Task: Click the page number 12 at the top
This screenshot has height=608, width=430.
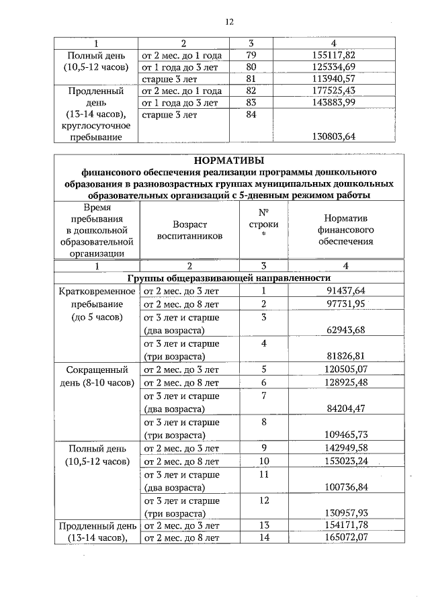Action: (229, 22)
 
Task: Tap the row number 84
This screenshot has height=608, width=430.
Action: (252, 115)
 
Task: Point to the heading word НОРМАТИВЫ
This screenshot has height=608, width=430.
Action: (228, 160)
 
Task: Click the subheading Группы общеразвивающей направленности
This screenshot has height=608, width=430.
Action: (229, 277)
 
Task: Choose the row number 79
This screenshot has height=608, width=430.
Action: (252, 54)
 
